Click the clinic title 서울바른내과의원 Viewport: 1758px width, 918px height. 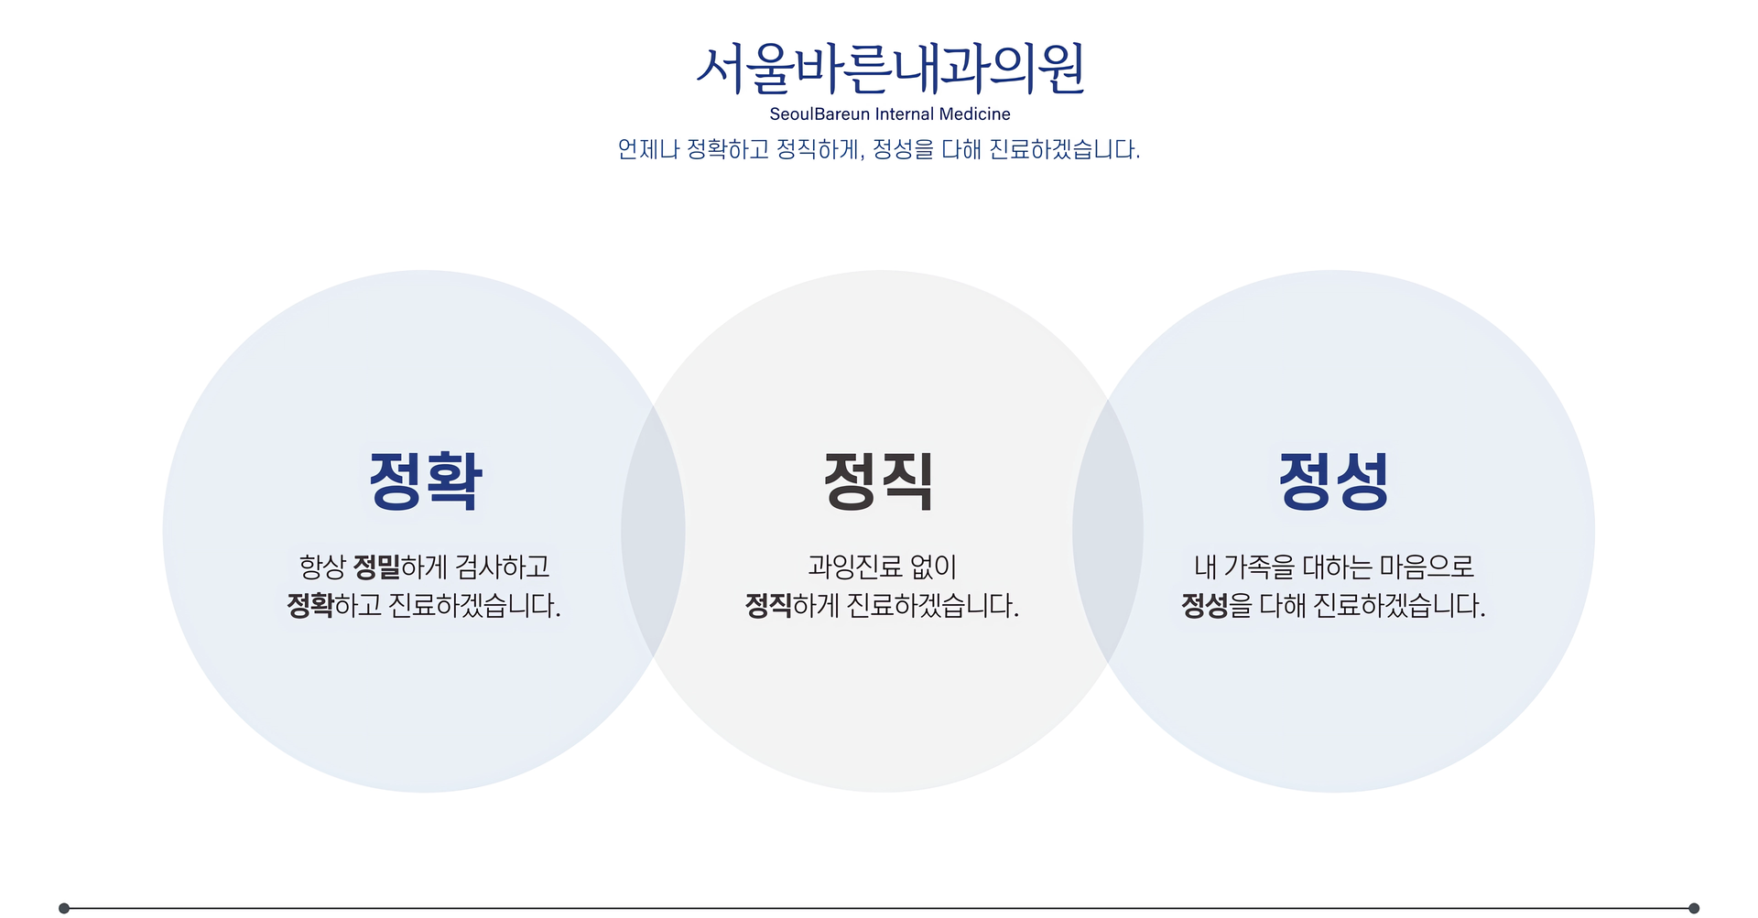tap(890, 70)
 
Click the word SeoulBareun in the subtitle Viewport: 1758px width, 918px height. tap(819, 114)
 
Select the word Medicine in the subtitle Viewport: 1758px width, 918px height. tap(974, 114)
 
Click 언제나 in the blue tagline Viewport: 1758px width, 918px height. tap(648, 149)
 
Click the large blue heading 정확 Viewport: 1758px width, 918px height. tap(426, 481)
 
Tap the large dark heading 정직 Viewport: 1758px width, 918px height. tap(879, 481)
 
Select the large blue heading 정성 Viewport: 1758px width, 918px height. tap(1334, 481)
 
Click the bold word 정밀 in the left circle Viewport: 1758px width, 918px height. tap(376, 567)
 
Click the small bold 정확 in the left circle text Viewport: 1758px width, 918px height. tap(309, 606)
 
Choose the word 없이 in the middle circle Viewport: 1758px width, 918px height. tap(934, 567)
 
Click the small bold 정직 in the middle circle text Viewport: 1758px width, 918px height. tap(768, 606)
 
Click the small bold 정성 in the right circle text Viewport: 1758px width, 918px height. tap(1204, 606)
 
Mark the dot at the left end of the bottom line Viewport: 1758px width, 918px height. tap(64, 908)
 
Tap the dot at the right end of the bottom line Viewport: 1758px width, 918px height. tap(1694, 908)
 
